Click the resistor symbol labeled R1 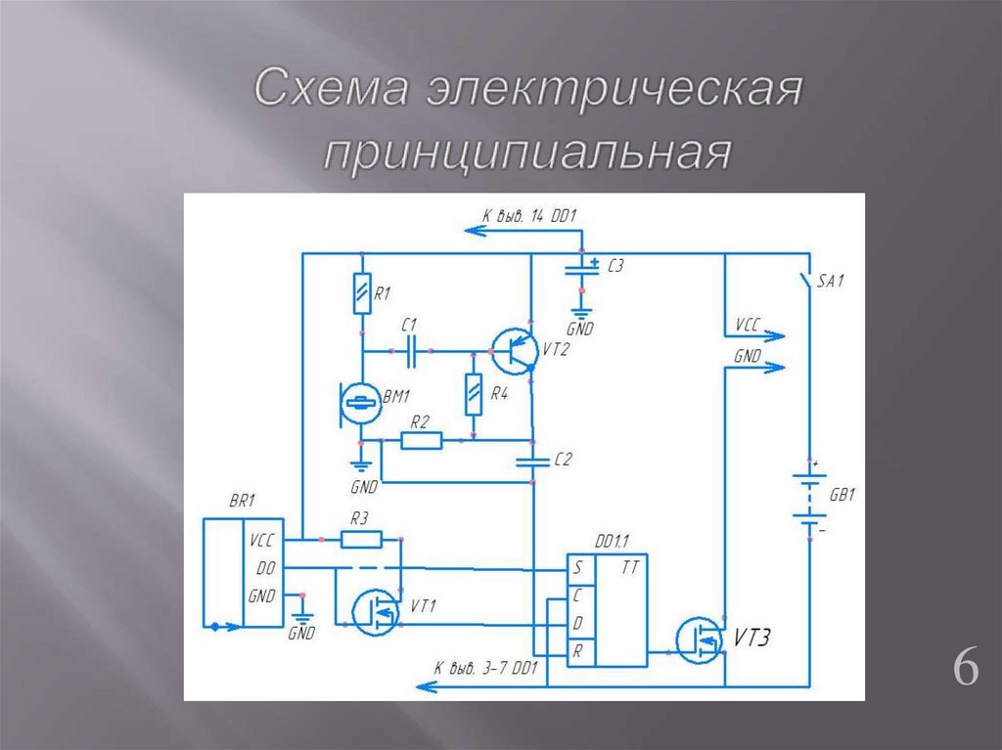tap(362, 294)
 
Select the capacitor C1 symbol tap(411, 349)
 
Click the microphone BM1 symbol tap(361, 403)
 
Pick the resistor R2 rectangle tap(421, 441)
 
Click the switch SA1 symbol tap(807, 280)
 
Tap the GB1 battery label tap(843, 496)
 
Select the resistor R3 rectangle tap(361, 539)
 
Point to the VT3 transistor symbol tap(700, 639)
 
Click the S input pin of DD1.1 tap(578, 567)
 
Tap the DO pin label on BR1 tap(264, 567)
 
